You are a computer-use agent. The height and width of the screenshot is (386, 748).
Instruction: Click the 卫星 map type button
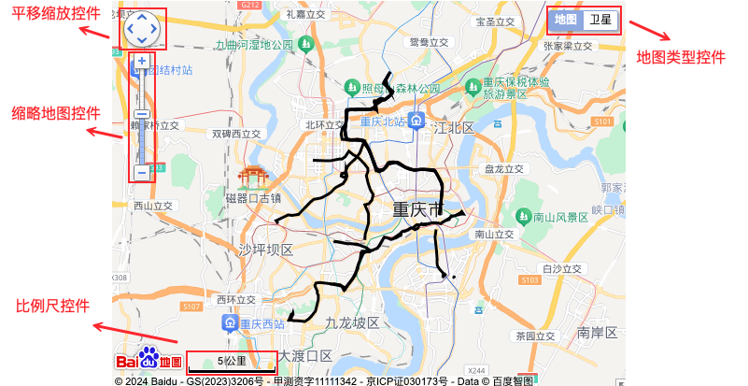[600, 19]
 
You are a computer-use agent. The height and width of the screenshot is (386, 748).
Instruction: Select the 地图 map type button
[566, 19]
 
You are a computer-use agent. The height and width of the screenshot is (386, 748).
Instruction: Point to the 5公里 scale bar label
[232, 360]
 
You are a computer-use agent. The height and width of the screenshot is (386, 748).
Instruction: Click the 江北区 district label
[453, 127]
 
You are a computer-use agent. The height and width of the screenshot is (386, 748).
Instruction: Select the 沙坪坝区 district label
[265, 250]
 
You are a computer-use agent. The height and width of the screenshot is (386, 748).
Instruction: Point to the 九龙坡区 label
[351, 322]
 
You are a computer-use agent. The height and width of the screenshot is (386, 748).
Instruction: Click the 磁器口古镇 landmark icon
[252, 177]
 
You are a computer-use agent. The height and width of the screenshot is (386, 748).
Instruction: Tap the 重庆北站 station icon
[419, 122]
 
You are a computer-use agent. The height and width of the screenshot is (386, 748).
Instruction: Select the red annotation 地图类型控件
[681, 57]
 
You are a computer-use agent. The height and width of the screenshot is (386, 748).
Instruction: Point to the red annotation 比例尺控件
[52, 306]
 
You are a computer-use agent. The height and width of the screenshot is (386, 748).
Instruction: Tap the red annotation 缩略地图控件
[55, 113]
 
